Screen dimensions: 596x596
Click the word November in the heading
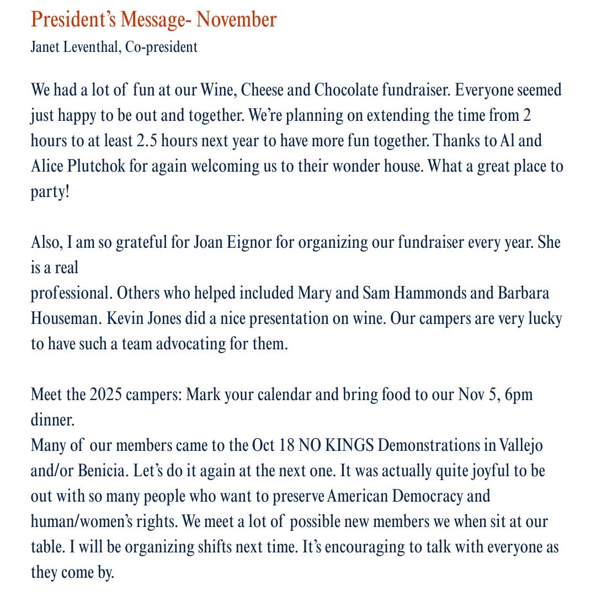coord(237,20)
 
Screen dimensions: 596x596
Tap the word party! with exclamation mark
coord(50,192)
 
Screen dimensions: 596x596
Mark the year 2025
coord(102,396)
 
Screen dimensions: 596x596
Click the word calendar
coord(293,396)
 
